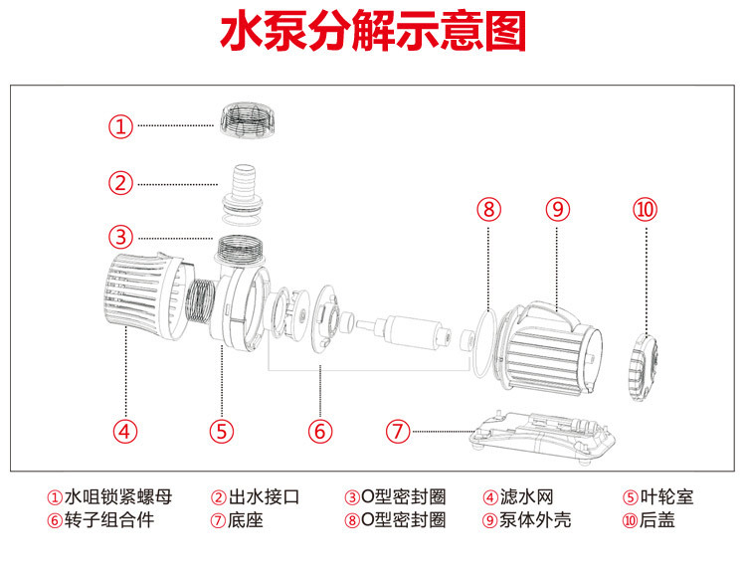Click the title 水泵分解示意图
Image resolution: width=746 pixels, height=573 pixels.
(x=372, y=33)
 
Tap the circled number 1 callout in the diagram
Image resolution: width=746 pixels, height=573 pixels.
(x=120, y=126)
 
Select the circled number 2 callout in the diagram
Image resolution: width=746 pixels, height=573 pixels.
(x=120, y=183)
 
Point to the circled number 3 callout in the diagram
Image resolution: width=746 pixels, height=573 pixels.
(x=120, y=237)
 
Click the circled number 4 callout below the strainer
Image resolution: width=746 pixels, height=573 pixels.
(x=124, y=431)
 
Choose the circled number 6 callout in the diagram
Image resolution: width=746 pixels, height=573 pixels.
(x=319, y=431)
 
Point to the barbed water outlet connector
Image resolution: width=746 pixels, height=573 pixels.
(x=243, y=185)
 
